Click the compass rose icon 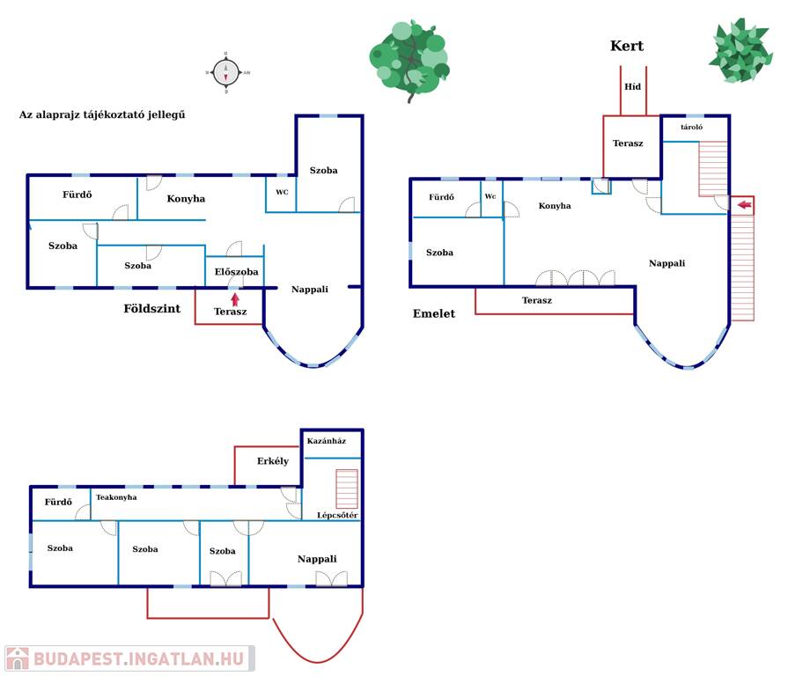click(226, 72)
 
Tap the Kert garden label click(627, 47)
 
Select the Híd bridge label click(632, 86)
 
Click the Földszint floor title click(151, 309)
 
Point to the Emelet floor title click(434, 313)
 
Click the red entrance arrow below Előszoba click(235, 298)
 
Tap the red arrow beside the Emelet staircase click(744, 205)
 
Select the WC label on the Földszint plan click(282, 192)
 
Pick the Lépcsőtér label click(337, 515)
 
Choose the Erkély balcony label click(273, 461)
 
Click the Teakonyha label click(116, 497)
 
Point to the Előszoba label click(237, 272)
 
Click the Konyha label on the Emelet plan click(555, 206)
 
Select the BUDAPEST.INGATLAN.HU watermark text click(140, 658)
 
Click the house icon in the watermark click(18, 658)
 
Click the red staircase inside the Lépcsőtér click(347, 489)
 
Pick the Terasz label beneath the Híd click(628, 143)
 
